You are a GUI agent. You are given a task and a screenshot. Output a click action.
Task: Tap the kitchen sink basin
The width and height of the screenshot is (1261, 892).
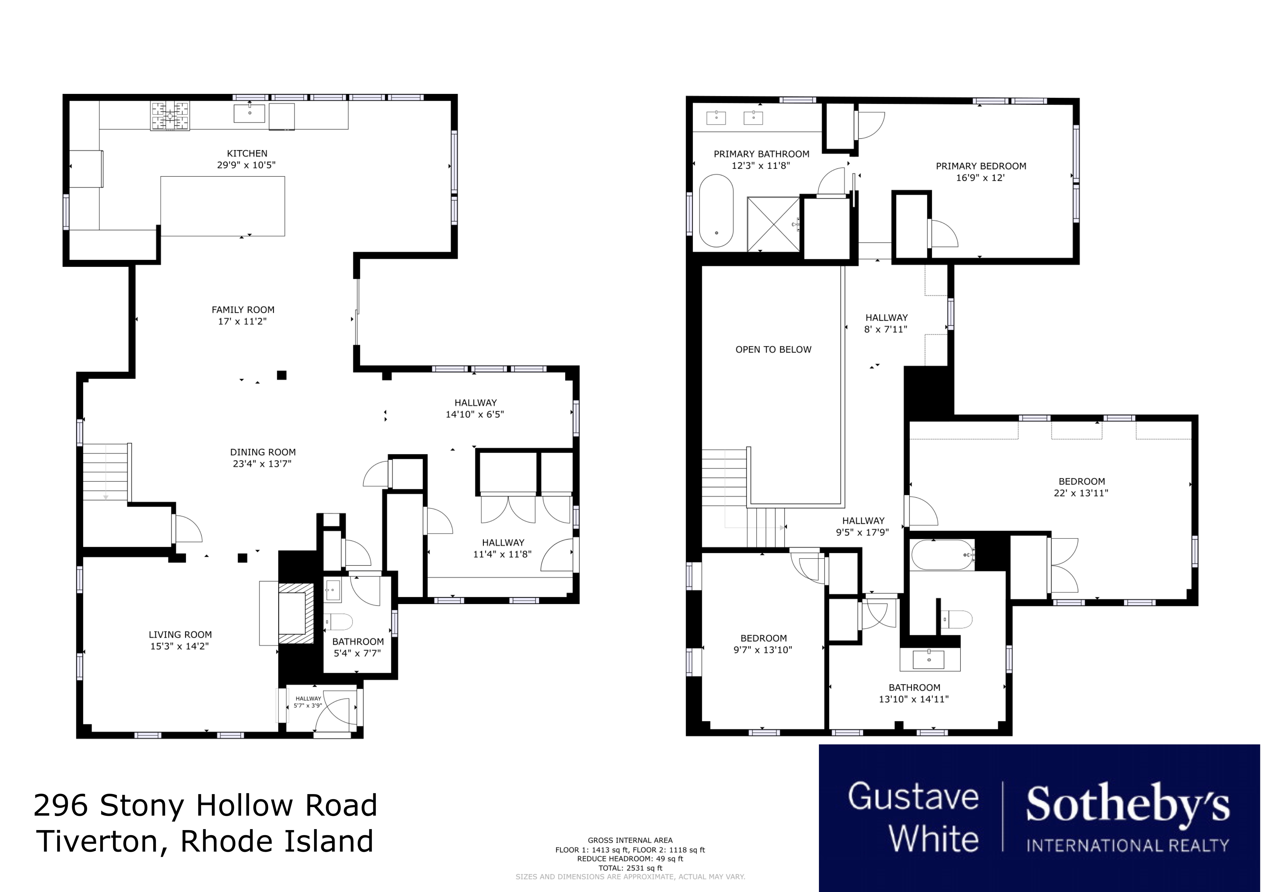(x=249, y=113)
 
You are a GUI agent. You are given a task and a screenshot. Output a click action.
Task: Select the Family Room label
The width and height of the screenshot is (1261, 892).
(x=243, y=310)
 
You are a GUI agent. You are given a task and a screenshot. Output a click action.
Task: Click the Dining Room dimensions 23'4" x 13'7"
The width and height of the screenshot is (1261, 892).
(x=262, y=464)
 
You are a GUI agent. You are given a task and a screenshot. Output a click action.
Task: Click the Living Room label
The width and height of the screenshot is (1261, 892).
(x=180, y=634)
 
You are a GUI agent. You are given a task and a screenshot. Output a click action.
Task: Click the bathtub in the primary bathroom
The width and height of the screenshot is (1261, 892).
(x=716, y=211)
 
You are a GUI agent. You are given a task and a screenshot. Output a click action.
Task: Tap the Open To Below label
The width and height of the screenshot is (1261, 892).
(x=773, y=349)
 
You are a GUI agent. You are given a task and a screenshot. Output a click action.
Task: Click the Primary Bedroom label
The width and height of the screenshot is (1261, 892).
(x=981, y=166)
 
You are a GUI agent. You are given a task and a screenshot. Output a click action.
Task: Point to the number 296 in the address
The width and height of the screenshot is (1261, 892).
(x=61, y=806)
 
